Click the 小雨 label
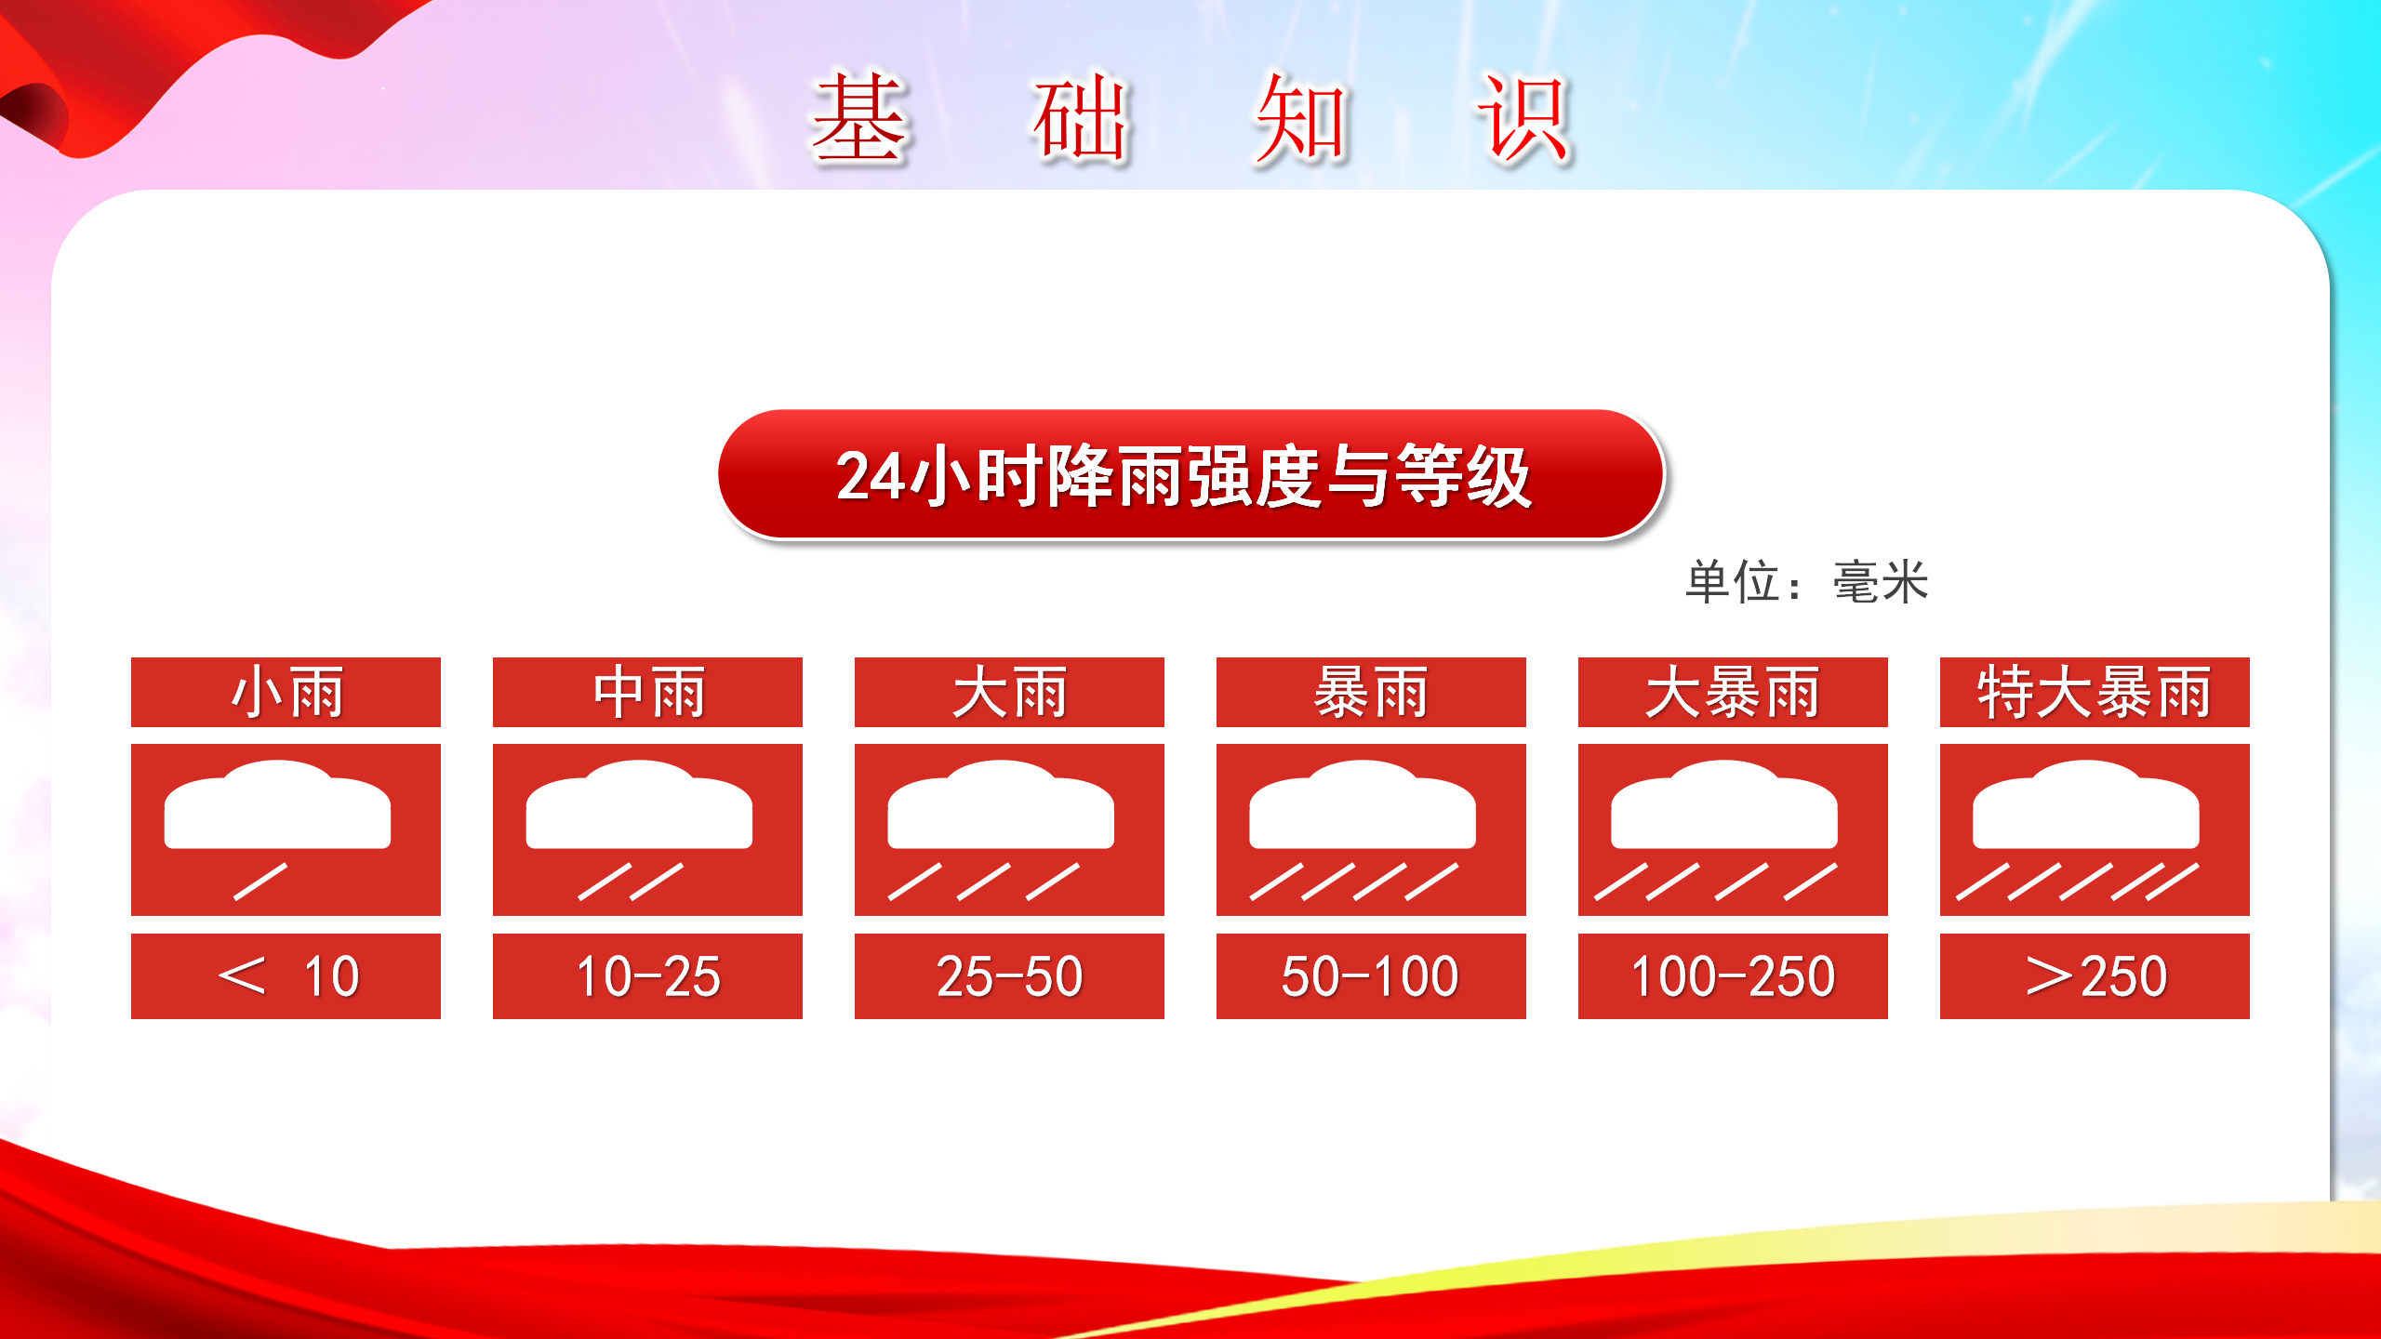click(x=286, y=693)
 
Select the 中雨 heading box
click(x=647, y=692)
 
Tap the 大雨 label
click(x=1009, y=693)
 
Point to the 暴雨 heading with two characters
click(x=1371, y=693)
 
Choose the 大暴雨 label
click(x=1733, y=693)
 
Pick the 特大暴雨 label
click(x=2095, y=693)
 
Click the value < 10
click(x=286, y=976)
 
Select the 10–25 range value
click(x=647, y=976)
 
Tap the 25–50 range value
click(x=1009, y=976)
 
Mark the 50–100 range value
click(x=1371, y=976)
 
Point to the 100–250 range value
click(x=1733, y=976)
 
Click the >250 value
click(x=2095, y=976)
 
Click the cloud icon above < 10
click(x=277, y=805)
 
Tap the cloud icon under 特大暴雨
click(x=2086, y=805)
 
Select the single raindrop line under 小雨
click(x=260, y=882)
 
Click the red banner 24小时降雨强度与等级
click(x=1190, y=474)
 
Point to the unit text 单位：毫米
click(x=1807, y=582)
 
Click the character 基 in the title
click(x=858, y=119)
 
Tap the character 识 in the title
click(x=1523, y=119)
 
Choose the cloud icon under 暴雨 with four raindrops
click(x=1363, y=805)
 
